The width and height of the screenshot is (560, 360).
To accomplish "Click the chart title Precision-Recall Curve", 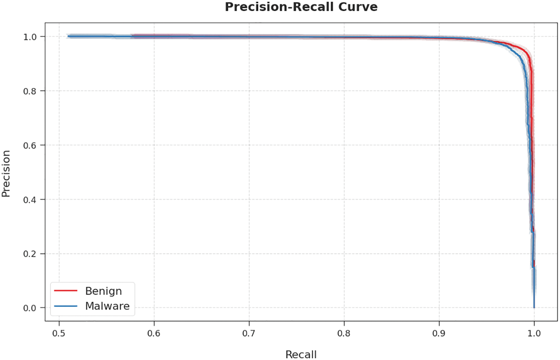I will click(301, 7).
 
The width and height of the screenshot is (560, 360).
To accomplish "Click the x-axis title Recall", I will click(301, 354).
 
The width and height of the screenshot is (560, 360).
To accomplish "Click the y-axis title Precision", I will click(6, 174).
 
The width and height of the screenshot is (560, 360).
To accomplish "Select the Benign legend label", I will click(103, 291).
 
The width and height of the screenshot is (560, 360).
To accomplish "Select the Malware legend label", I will click(107, 306).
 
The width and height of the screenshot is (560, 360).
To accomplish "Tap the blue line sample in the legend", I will click(66, 306).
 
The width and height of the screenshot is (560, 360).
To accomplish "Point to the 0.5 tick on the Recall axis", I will click(59, 333).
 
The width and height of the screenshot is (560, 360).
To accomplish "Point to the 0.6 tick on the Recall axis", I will click(154, 333).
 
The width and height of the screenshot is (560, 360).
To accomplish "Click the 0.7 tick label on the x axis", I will click(249, 333).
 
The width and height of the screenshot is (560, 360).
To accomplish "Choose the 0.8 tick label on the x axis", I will click(344, 333).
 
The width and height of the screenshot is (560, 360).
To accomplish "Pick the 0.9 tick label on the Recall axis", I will click(439, 333).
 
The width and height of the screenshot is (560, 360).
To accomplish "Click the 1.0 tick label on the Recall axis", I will click(534, 333).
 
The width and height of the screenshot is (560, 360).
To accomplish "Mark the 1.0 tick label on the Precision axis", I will click(30, 37).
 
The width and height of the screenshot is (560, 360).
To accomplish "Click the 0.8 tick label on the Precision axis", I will click(30, 91).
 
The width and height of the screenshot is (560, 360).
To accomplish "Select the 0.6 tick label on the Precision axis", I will click(30, 145).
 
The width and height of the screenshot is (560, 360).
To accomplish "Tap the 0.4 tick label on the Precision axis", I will click(30, 200).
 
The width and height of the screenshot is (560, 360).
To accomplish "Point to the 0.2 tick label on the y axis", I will click(30, 254).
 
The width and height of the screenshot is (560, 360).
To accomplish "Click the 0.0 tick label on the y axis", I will click(30, 308).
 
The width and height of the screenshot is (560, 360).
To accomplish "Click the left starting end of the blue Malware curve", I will click(69, 36).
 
